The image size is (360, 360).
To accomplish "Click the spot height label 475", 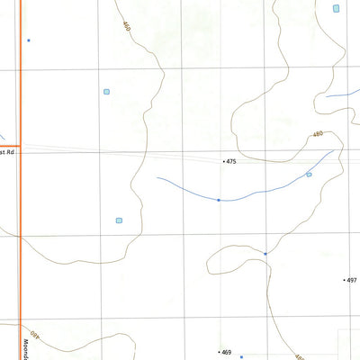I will [x=231, y=162].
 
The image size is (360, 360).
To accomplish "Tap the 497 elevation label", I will [x=352, y=280].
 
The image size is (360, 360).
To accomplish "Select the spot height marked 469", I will [x=227, y=352].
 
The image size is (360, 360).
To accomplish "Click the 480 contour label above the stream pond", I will [x=317, y=134].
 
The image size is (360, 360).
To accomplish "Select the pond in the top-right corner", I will [x=336, y=8].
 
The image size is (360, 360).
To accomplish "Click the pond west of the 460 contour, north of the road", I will [x=106, y=91].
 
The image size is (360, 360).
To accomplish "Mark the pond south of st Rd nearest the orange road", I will [x=118, y=220].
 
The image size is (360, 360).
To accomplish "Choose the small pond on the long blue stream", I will [x=309, y=175].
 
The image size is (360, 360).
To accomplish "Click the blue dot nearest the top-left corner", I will [x=29, y=40].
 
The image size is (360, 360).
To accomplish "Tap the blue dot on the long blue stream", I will [x=219, y=200].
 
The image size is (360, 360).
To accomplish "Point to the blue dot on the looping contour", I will [x=265, y=254].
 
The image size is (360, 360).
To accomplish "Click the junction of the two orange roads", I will [x=20, y=145].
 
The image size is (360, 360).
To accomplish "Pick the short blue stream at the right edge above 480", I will [x=342, y=94].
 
